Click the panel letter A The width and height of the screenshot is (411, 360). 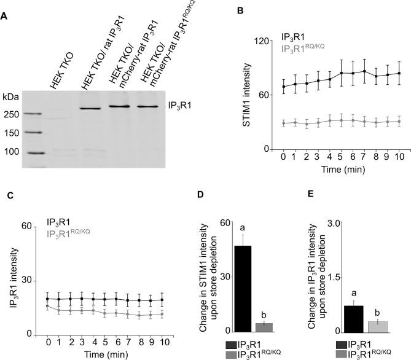5,17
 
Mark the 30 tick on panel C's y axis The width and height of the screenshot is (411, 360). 27,280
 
